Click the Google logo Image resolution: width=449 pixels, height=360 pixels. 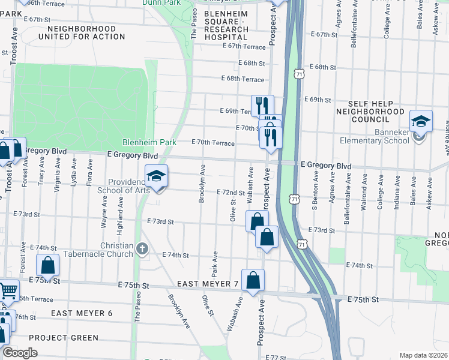point(19,353)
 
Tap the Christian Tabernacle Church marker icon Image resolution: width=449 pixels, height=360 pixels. point(142,248)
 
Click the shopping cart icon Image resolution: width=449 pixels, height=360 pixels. point(8,291)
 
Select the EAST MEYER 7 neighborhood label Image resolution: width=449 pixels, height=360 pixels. point(208,283)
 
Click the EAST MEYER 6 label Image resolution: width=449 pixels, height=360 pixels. point(82,313)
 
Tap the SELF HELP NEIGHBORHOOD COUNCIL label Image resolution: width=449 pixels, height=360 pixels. point(370,112)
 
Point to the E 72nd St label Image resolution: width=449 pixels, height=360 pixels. point(230,193)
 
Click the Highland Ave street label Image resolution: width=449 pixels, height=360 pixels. point(121,211)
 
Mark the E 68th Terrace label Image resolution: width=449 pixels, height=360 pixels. point(243,79)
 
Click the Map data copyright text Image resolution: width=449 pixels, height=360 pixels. point(424,355)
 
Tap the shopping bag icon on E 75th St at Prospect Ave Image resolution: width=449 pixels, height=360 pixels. point(253,280)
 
